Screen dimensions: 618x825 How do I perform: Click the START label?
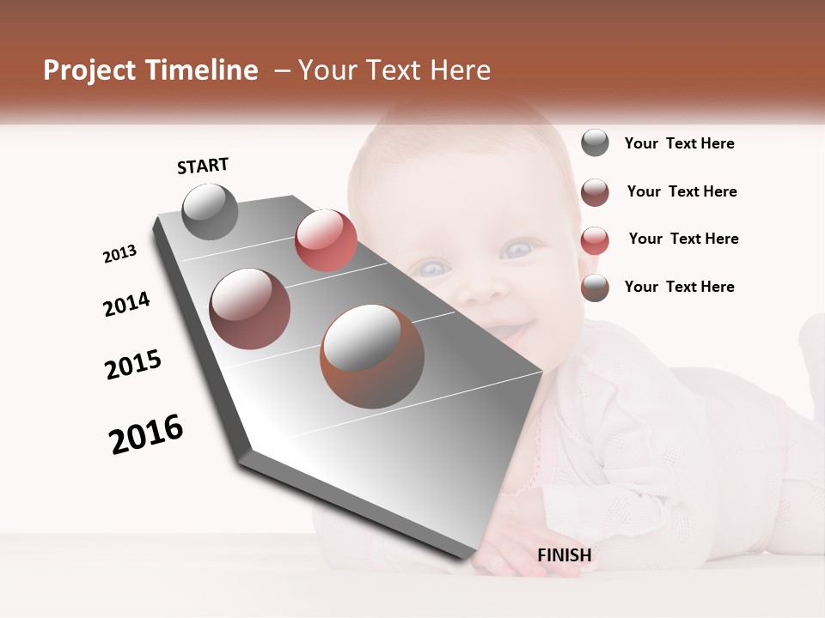tap(203, 166)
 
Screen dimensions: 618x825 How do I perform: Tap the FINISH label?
tap(564, 555)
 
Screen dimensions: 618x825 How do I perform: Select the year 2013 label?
tap(119, 254)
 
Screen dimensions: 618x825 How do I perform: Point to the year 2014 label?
tap(126, 304)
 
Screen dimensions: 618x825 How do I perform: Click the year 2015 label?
tap(133, 364)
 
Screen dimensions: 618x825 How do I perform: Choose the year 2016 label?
tap(146, 433)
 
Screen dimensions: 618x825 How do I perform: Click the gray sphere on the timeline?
tap(210, 211)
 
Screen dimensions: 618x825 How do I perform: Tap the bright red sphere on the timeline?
tap(326, 240)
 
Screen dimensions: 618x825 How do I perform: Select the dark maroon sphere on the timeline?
tap(249, 309)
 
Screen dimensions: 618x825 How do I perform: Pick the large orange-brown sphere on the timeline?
tap(372, 356)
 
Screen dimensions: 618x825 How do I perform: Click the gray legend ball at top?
tap(595, 143)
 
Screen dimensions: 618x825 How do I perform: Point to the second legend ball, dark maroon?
tap(595, 191)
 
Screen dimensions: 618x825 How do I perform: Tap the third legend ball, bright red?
tap(595, 239)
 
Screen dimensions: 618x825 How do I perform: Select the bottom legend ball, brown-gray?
tap(595, 288)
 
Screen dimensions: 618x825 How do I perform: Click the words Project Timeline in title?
tap(150, 70)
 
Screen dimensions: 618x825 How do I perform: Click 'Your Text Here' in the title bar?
tap(394, 70)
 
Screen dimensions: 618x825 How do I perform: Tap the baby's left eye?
tap(516, 251)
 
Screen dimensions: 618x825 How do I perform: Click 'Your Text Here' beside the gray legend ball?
tap(679, 143)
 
